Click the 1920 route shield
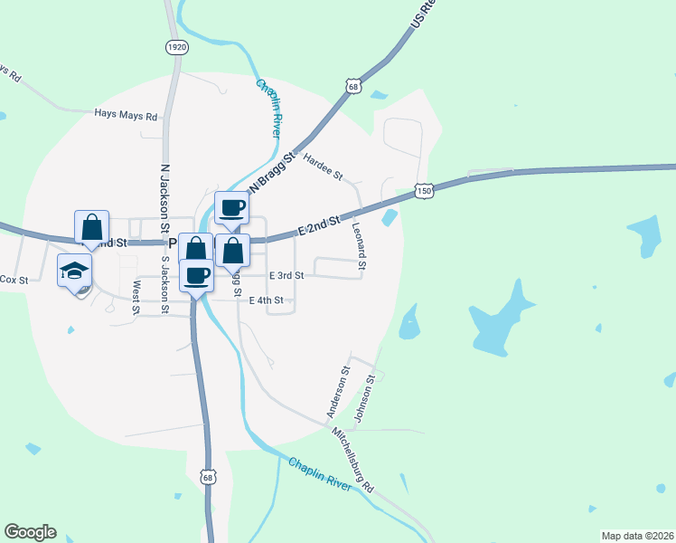177,46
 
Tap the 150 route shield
424,191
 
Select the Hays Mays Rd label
127,116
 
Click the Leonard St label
359,246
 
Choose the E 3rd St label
286,275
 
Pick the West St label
136,297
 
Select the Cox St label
14,280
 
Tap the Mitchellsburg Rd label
352,460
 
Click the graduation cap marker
75,270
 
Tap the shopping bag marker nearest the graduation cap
92,226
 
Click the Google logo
30,532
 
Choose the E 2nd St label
320,227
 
